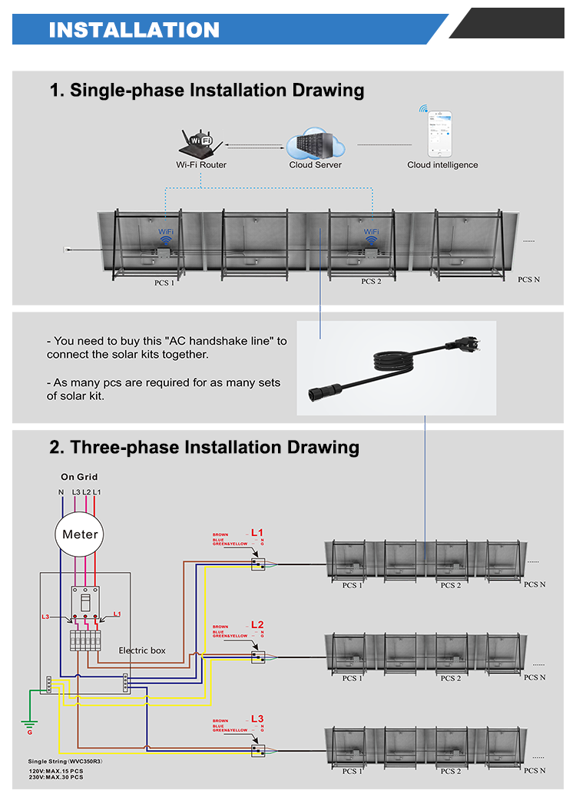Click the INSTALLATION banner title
coord(134,29)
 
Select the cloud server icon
coord(315,144)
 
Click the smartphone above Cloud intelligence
coord(440,134)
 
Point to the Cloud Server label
coord(315,164)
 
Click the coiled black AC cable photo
coord(396,367)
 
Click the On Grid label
coord(79,477)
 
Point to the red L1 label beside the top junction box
coord(257,532)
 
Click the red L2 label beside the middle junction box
coord(257,624)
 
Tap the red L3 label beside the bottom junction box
coord(257,719)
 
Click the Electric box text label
coord(142,650)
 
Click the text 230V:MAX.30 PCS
coord(56,778)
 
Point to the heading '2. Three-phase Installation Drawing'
coord(204,447)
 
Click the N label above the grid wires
coord(61,491)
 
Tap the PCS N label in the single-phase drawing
coord(528,279)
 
